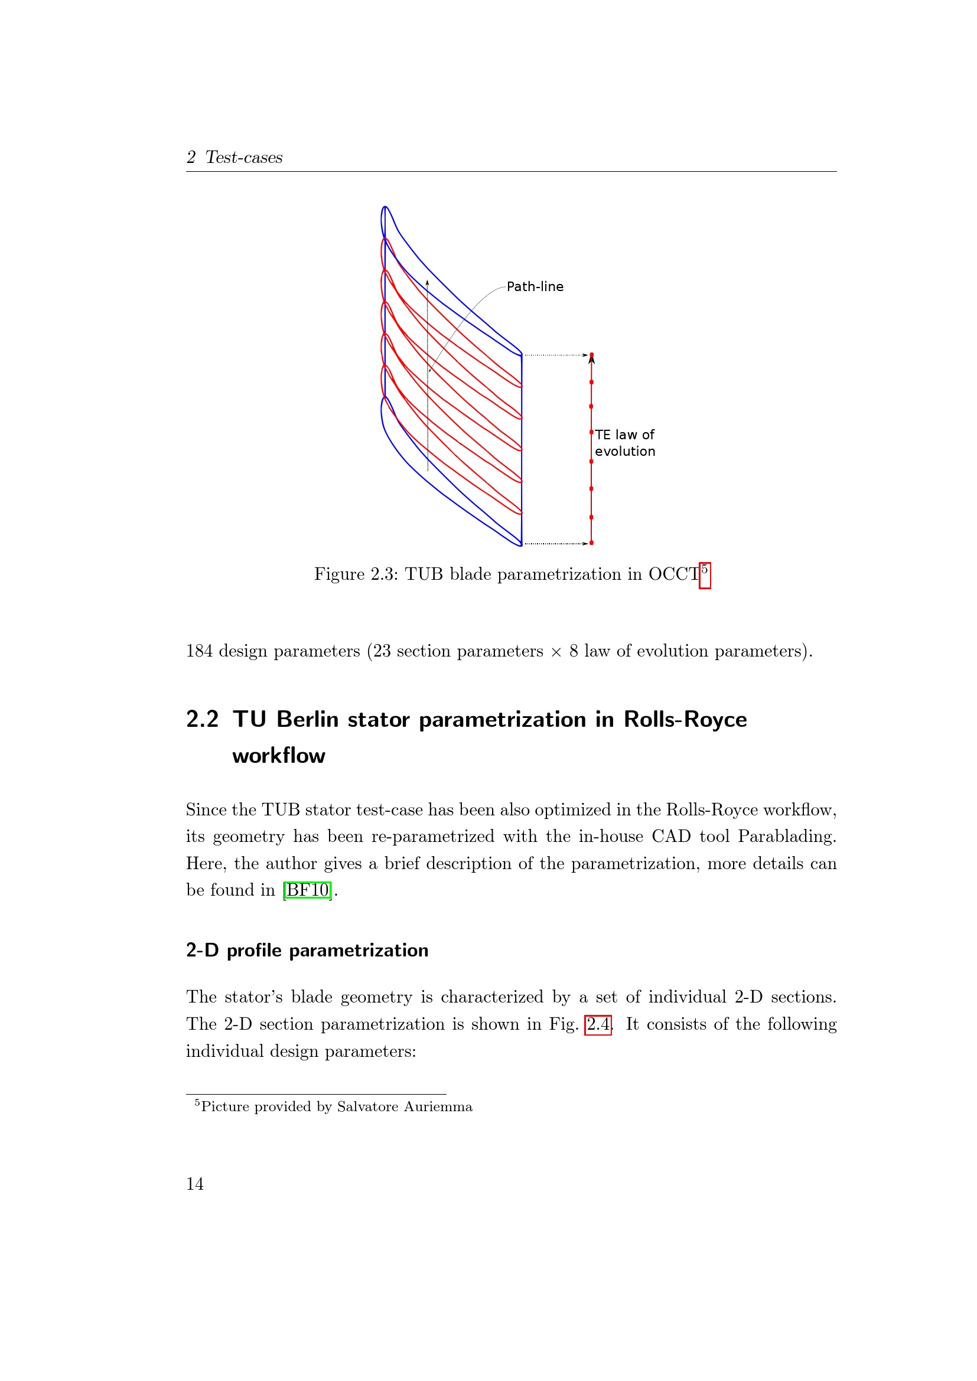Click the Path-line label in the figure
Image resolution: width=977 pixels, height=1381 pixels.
pos(535,286)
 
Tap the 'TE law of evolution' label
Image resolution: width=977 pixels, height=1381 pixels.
pos(624,443)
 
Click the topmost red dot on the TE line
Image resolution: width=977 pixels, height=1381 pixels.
pos(591,355)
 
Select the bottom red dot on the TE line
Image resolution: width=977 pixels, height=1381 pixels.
pos(591,543)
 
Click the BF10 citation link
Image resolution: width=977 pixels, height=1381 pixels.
pos(307,890)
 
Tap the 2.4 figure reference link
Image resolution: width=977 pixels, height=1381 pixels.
pos(598,1024)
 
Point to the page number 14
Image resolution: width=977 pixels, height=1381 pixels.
pos(195,1184)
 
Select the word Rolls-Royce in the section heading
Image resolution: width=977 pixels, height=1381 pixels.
pos(685,719)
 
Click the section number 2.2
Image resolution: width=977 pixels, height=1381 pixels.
pos(202,719)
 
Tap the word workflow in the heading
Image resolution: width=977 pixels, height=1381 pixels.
pos(279,756)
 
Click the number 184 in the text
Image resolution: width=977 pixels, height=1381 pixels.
pos(199,651)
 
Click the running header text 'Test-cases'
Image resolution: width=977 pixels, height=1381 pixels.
pos(243,157)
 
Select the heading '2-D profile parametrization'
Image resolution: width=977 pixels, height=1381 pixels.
pos(307,950)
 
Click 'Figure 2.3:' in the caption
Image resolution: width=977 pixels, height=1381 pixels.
pos(356,574)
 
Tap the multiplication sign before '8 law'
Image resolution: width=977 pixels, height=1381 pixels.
pos(556,651)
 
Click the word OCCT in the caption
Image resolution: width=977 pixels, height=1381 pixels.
pos(673,574)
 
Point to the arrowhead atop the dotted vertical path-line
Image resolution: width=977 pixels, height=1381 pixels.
pos(427,282)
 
